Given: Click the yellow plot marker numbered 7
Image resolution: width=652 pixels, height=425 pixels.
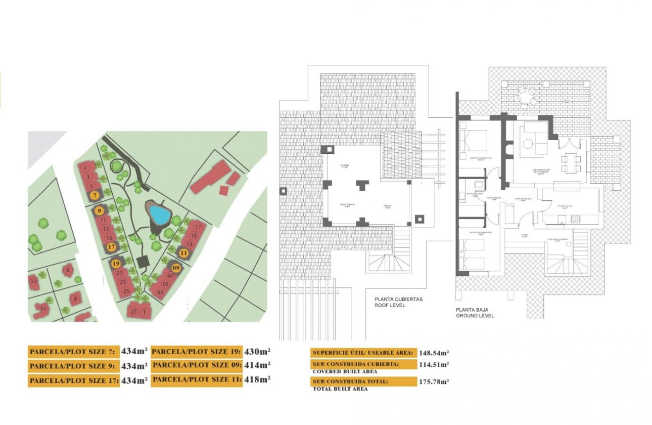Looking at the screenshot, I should [x=94, y=195].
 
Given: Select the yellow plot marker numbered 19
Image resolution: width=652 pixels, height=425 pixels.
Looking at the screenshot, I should [x=116, y=263].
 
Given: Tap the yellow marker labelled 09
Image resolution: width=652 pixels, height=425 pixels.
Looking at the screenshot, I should [x=176, y=268].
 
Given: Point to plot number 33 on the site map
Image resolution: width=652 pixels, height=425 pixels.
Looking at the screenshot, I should [x=33, y=281].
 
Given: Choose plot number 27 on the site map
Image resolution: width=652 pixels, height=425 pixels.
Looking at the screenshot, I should [x=134, y=311].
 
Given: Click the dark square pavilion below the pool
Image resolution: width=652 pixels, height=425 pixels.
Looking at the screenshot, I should [x=143, y=261].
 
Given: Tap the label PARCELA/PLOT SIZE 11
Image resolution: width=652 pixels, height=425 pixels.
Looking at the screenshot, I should [x=196, y=379].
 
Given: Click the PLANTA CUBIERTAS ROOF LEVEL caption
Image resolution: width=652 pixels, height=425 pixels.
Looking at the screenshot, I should [x=398, y=303].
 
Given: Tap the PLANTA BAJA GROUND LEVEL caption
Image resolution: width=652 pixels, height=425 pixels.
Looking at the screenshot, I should [x=475, y=313].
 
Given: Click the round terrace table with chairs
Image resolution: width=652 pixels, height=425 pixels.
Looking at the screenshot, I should [x=524, y=95].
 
